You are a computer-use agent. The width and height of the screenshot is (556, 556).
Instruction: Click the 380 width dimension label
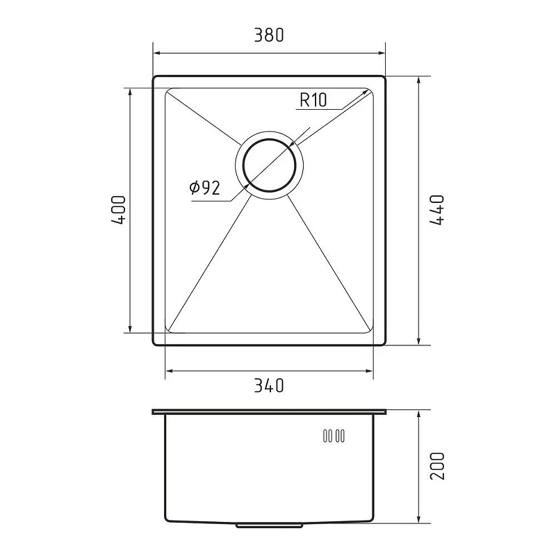(x=269, y=35)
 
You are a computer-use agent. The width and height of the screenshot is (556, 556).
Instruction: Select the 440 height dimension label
(x=437, y=211)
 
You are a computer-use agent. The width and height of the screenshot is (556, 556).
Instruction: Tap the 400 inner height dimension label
(x=118, y=211)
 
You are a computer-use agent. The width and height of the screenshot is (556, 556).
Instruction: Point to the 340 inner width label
(x=269, y=386)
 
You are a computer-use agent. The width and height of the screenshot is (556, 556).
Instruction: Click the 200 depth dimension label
(x=437, y=466)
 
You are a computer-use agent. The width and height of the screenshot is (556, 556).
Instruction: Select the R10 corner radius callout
(x=313, y=99)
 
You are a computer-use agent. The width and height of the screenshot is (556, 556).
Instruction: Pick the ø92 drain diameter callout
(x=204, y=188)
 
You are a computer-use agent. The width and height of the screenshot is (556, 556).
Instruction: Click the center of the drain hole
(x=269, y=165)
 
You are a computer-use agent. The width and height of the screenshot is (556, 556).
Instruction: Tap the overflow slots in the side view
(x=334, y=436)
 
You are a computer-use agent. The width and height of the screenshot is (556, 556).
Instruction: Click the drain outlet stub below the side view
(x=269, y=525)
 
